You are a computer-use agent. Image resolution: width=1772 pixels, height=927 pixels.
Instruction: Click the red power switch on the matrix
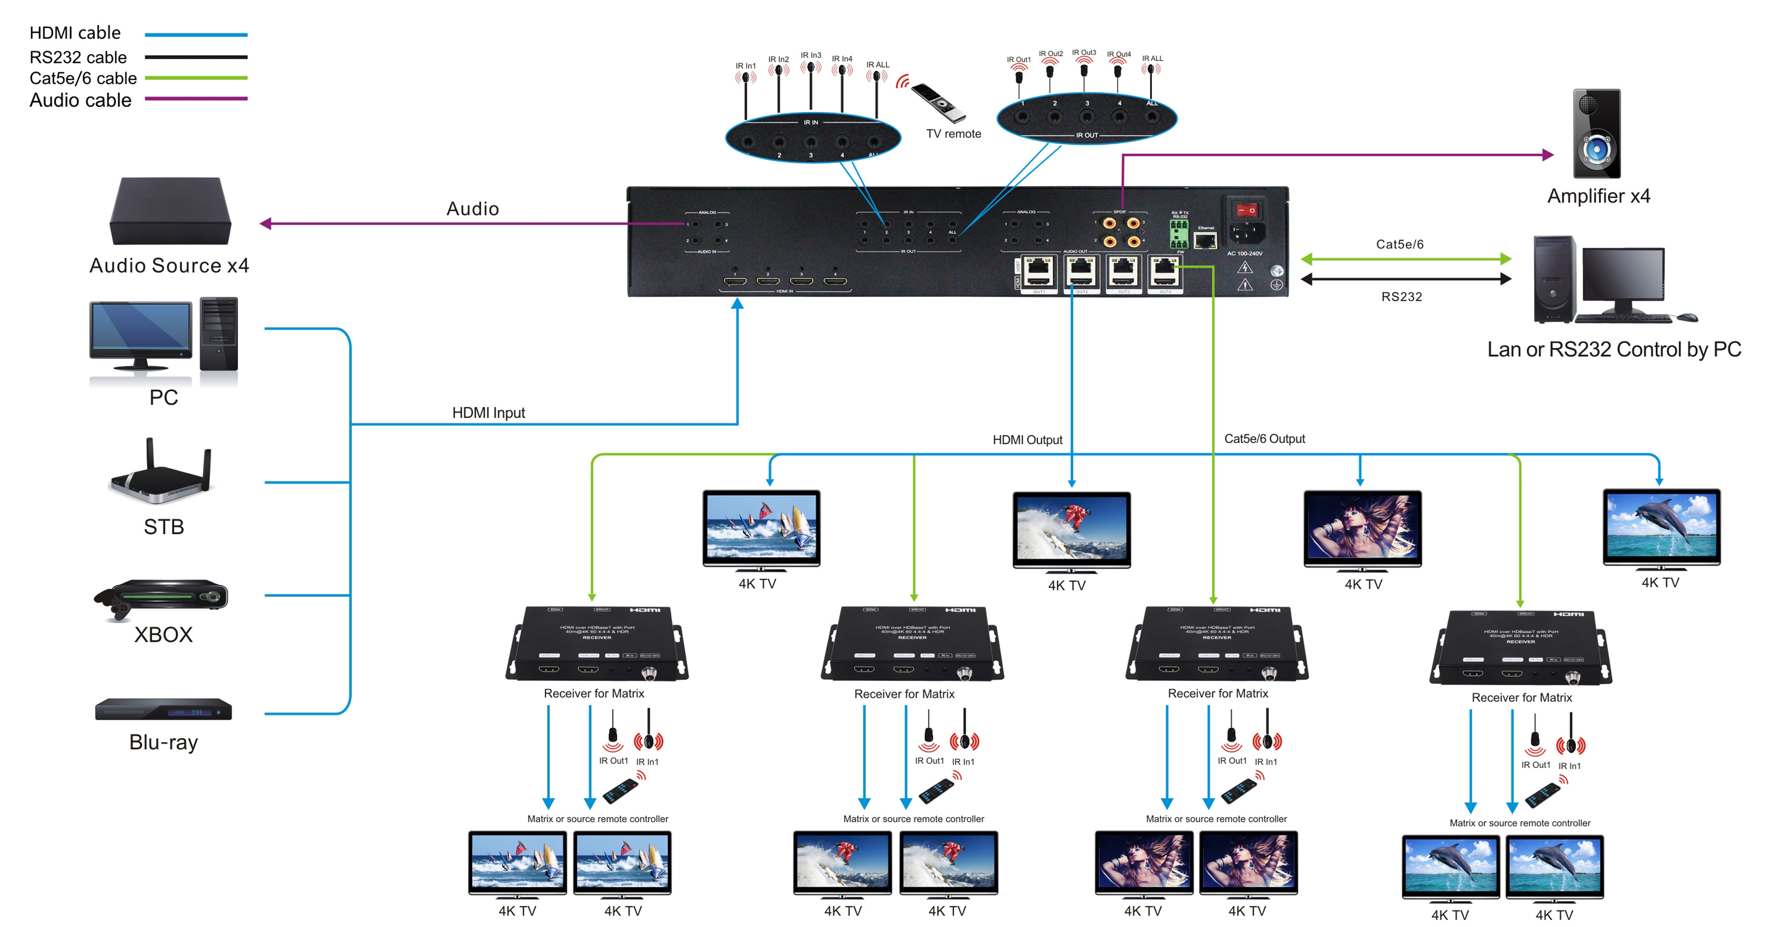click(1246, 210)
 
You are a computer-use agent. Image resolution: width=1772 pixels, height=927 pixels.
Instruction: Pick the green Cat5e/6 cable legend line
click(196, 78)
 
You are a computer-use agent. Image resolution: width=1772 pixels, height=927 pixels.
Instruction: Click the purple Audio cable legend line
click(196, 99)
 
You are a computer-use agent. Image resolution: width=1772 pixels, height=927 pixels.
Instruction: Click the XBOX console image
click(162, 597)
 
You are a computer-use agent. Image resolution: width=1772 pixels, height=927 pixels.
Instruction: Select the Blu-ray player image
click(163, 709)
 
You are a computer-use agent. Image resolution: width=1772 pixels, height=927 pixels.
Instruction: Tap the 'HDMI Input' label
click(488, 413)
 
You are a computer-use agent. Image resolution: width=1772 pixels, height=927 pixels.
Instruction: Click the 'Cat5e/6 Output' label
click(1264, 439)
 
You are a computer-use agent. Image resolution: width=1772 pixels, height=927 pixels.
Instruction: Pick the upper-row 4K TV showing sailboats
click(761, 527)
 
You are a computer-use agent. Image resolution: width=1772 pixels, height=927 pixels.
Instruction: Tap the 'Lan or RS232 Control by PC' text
click(1613, 349)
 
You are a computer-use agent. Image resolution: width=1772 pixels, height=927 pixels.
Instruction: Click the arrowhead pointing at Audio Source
click(265, 223)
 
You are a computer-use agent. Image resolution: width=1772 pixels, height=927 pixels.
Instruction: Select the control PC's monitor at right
click(1623, 276)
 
